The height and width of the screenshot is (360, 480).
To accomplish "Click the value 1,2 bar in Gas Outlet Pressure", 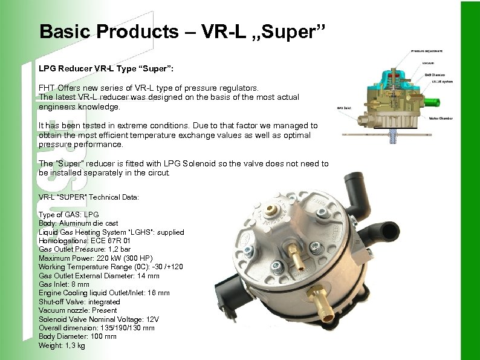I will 118,249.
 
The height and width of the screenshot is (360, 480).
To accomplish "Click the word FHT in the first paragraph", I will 47,88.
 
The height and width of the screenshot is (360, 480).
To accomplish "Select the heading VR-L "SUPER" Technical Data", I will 89,197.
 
